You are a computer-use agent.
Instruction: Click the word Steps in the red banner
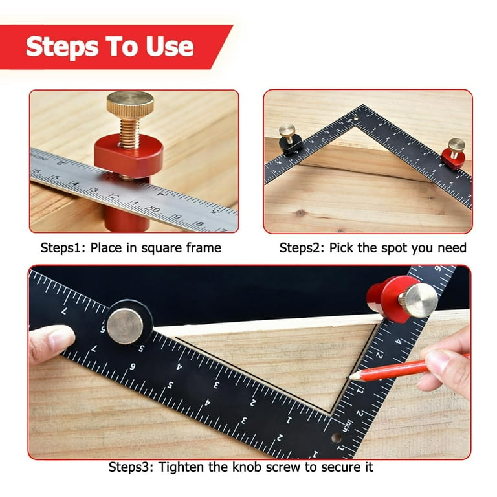(x=62, y=47)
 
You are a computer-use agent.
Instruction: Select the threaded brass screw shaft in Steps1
(x=129, y=133)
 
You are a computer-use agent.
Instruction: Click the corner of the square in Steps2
(x=362, y=105)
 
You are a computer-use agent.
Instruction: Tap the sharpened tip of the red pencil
(x=349, y=377)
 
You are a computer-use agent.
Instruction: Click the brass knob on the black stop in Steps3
(x=125, y=326)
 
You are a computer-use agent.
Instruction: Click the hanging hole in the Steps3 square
(x=337, y=438)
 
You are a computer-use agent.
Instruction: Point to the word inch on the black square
(x=349, y=426)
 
